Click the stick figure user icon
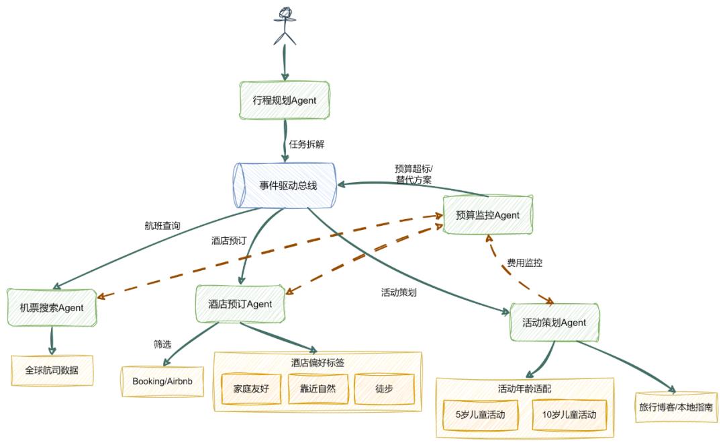[285, 26]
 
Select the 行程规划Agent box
[285, 100]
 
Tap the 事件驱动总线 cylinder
[285, 185]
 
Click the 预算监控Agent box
[488, 215]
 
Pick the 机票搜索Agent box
[52, 308]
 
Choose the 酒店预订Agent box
[239, 304]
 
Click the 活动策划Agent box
[554, 323]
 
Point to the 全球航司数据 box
[52, 370]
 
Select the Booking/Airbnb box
[162, 380]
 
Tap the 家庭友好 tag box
[250, 389]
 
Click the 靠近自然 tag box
[317, 389]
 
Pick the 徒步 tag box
[384, 389]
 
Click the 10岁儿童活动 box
[569, 415]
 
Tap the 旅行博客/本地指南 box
[676, 407]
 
